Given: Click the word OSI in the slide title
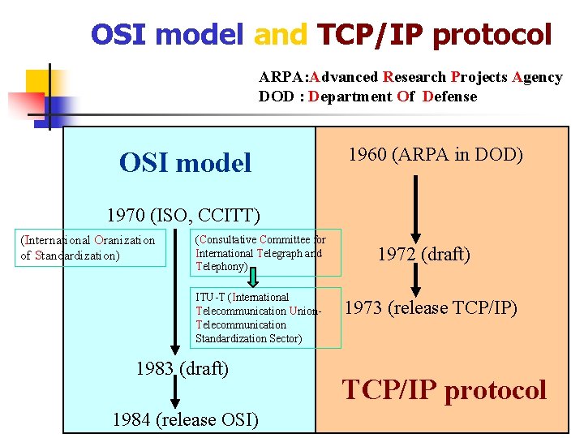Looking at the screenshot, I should click(x=118, y=34).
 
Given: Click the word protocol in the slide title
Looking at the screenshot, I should click(x=492, y=35).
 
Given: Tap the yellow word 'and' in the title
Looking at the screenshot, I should click(x=281, y=34).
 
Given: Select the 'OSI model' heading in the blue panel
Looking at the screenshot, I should click(x=185, y=163).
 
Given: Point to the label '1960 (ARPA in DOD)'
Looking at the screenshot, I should click(x=436, y=154).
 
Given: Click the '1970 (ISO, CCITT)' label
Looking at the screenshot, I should click(x=183, y=216).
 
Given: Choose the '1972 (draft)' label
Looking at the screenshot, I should click(x=424, y=254).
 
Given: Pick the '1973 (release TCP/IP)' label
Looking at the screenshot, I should click(x=431, y=307).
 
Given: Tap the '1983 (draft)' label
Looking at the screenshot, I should click(x=182, y=368).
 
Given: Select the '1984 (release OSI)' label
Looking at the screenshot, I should click(x=186, y=419).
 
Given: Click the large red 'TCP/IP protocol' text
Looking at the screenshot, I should click(x=444, y=390).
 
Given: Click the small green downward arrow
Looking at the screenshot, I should click(x=253, y=277).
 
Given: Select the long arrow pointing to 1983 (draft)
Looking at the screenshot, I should click(x=173, y=292).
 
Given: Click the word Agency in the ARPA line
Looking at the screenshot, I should click(x=537, y=77).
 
